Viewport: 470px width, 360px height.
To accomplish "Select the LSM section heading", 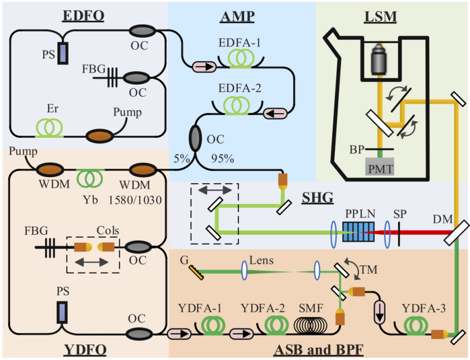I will coord(380,17).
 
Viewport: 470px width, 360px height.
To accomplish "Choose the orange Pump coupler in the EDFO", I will coord(98,136).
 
